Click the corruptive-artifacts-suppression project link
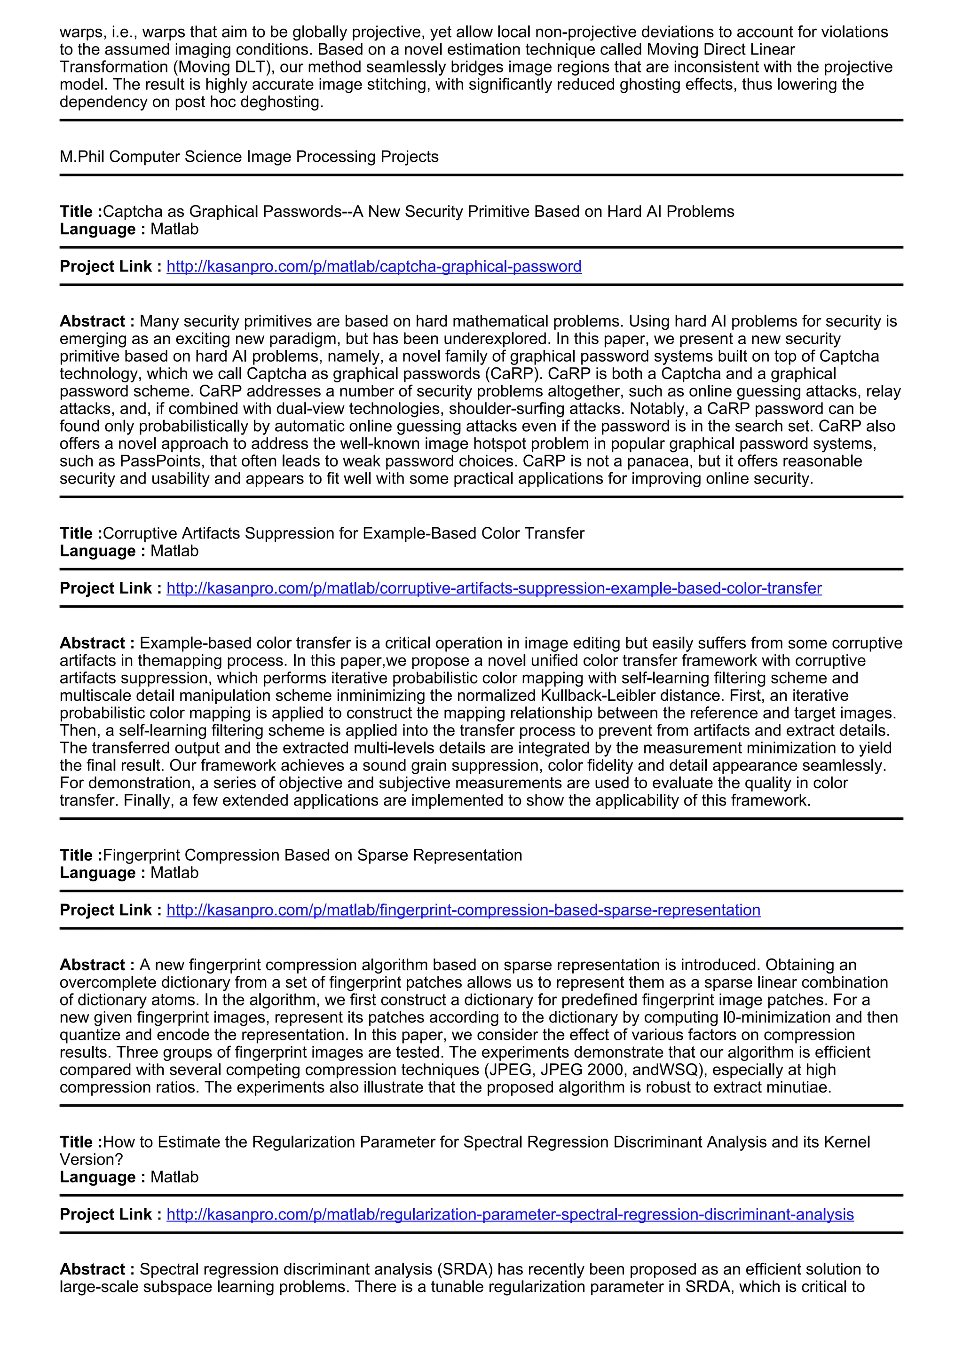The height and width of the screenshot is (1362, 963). click(493, 588)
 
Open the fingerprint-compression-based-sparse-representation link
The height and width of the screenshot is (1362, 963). click(463, 910)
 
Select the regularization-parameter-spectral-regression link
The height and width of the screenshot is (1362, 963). click(510, 1214)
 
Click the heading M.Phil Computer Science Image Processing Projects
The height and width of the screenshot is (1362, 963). click(249, 157)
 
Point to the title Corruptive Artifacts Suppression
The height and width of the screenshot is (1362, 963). click(343, 533)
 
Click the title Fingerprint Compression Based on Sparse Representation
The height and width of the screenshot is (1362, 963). click(313, 855)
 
